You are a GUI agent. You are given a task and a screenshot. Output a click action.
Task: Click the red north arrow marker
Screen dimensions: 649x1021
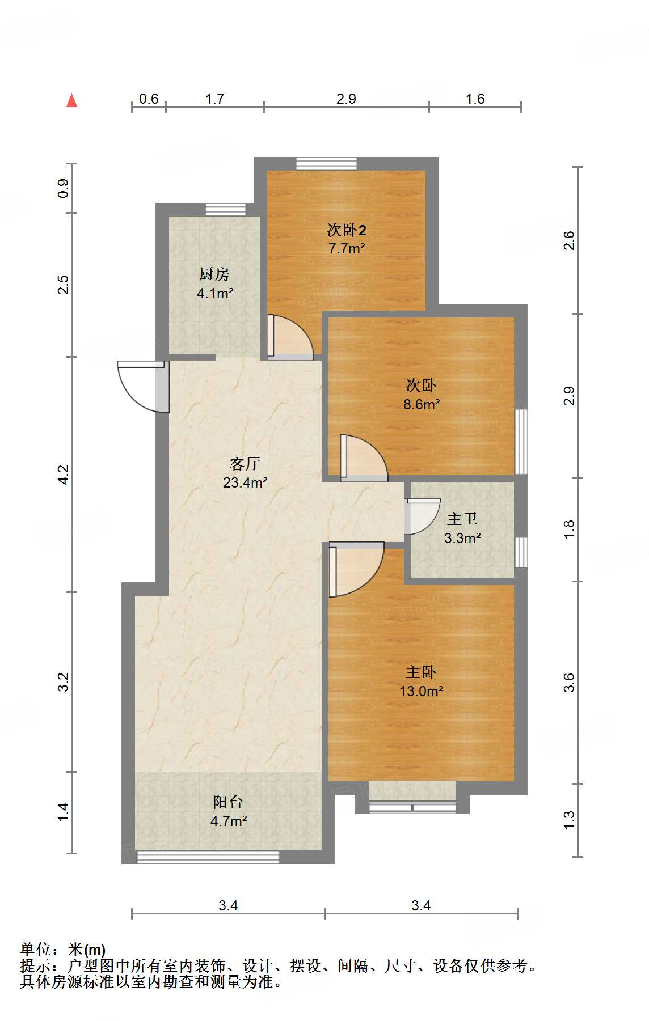(71, 100)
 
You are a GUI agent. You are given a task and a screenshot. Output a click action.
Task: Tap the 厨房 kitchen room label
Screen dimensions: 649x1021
(214, 274)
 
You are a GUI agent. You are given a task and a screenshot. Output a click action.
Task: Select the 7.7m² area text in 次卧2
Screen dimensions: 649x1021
(347, 248)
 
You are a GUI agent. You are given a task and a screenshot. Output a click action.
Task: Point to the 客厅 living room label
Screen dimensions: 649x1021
(245, 464)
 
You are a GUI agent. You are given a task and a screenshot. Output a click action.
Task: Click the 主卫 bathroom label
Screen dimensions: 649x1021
(462, 519)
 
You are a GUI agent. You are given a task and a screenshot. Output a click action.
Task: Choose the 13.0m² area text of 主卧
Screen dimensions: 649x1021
(422, 691)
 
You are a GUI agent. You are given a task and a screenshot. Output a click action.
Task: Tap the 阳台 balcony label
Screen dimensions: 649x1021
(228, 802)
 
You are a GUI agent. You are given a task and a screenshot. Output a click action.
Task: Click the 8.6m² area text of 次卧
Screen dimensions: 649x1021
(422, 404)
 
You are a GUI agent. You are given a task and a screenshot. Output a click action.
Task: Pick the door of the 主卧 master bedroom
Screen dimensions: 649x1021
(356, 569)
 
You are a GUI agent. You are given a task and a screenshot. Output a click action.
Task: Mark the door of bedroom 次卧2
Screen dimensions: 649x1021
(290, 337)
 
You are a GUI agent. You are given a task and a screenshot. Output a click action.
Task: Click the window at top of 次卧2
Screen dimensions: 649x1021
(327, 163)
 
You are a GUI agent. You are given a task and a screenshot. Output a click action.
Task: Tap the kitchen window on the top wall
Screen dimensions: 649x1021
(226, 209)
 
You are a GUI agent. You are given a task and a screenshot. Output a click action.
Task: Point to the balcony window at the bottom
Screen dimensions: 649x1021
(208, 857)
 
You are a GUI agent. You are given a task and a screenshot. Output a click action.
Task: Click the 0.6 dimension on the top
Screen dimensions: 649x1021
(149, 99)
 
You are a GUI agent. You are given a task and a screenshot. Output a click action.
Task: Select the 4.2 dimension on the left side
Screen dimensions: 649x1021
(64, 475)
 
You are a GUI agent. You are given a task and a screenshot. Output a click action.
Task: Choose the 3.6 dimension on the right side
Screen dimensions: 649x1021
(569, 683)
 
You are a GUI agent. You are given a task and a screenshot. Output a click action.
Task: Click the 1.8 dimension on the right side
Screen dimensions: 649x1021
(569, 529)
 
